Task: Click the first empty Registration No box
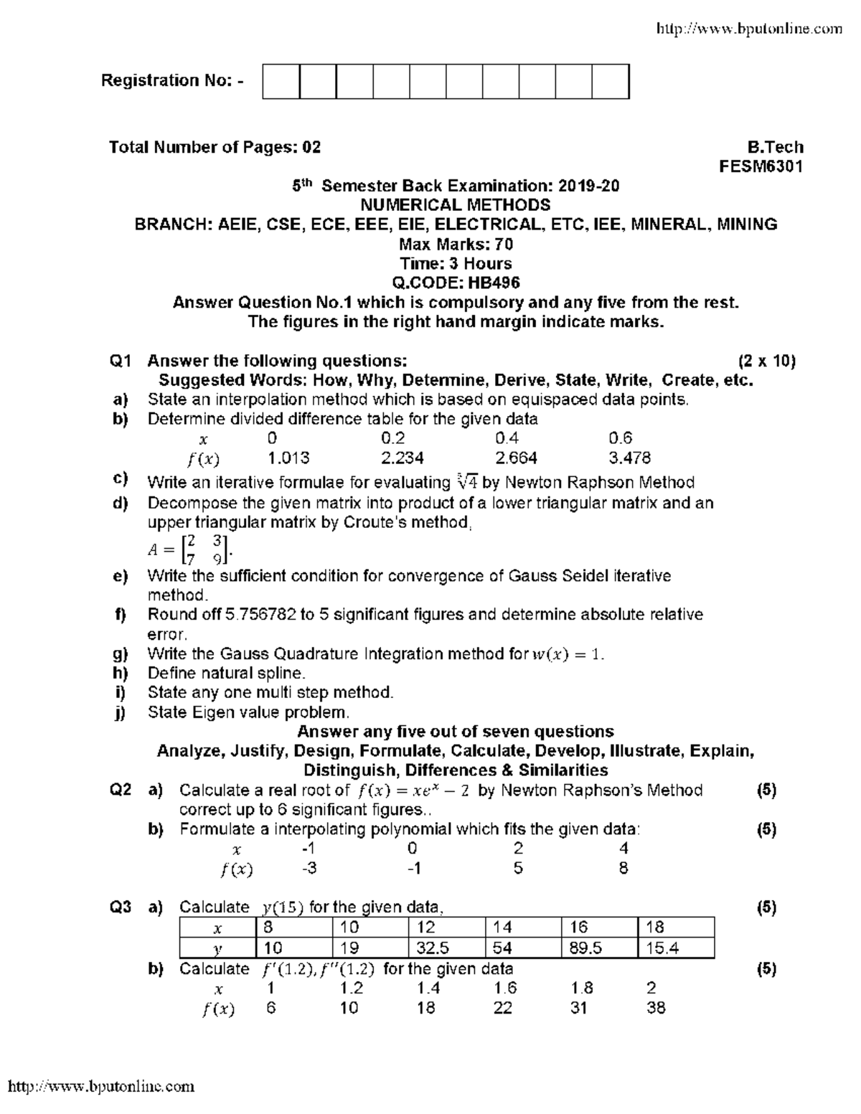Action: (x=281, y=81)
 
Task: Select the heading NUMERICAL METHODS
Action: (x=456, y=205)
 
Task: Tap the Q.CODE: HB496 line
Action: (x=456, y=283)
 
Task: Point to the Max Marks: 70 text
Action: (x=456, y=244)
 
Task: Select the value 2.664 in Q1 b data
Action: (x=516, y=458)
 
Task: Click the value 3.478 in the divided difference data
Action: (x=629, y=458)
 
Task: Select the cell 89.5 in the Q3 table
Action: (x=585, y=948)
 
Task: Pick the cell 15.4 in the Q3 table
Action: (x=662, y=948)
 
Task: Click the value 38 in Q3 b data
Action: (x=656, y=1008)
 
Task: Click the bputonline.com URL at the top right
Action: (x=750, y=29)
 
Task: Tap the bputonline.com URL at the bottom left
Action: (x=101, y=1086)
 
